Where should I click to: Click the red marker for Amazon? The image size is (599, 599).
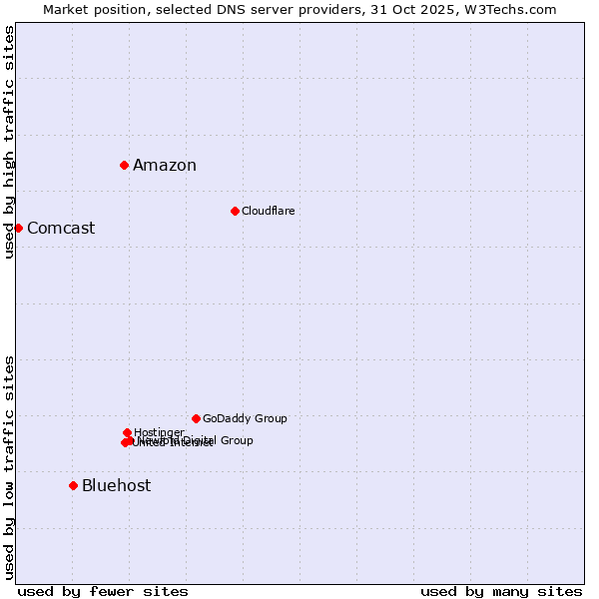124,165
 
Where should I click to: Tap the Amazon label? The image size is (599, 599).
165,166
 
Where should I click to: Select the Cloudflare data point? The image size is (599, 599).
235,211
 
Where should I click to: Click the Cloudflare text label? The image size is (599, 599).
269,211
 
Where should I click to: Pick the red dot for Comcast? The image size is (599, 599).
18,228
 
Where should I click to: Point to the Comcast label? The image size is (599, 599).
61,229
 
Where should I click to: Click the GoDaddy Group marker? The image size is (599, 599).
196,418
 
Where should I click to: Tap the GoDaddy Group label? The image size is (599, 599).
245,418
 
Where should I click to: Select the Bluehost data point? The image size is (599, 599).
73,485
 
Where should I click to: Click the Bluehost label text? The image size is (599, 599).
117,486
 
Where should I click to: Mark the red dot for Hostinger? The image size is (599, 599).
127,432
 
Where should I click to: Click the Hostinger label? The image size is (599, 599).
159,432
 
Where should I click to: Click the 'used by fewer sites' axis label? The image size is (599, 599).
103,591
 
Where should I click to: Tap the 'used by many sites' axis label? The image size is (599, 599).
501,591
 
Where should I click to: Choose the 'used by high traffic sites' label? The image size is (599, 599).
9,142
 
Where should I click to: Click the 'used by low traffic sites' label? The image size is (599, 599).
9,467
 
